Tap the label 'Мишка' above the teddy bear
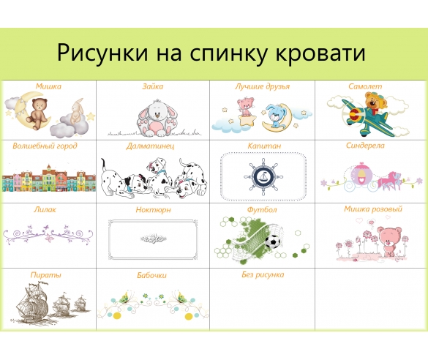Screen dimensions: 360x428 (48, 86)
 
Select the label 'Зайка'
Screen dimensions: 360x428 (153, 86)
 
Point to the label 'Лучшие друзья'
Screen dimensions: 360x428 (263, 86)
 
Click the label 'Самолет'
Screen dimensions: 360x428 (364, 86)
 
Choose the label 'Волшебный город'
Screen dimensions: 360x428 (45, 146)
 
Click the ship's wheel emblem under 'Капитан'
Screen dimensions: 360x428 (262, 176)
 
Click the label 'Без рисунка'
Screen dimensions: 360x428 (262, 275)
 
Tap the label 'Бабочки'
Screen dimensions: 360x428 (152, 275)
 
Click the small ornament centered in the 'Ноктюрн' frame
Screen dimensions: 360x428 (154, 238)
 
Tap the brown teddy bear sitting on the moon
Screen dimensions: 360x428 (34, 109)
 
